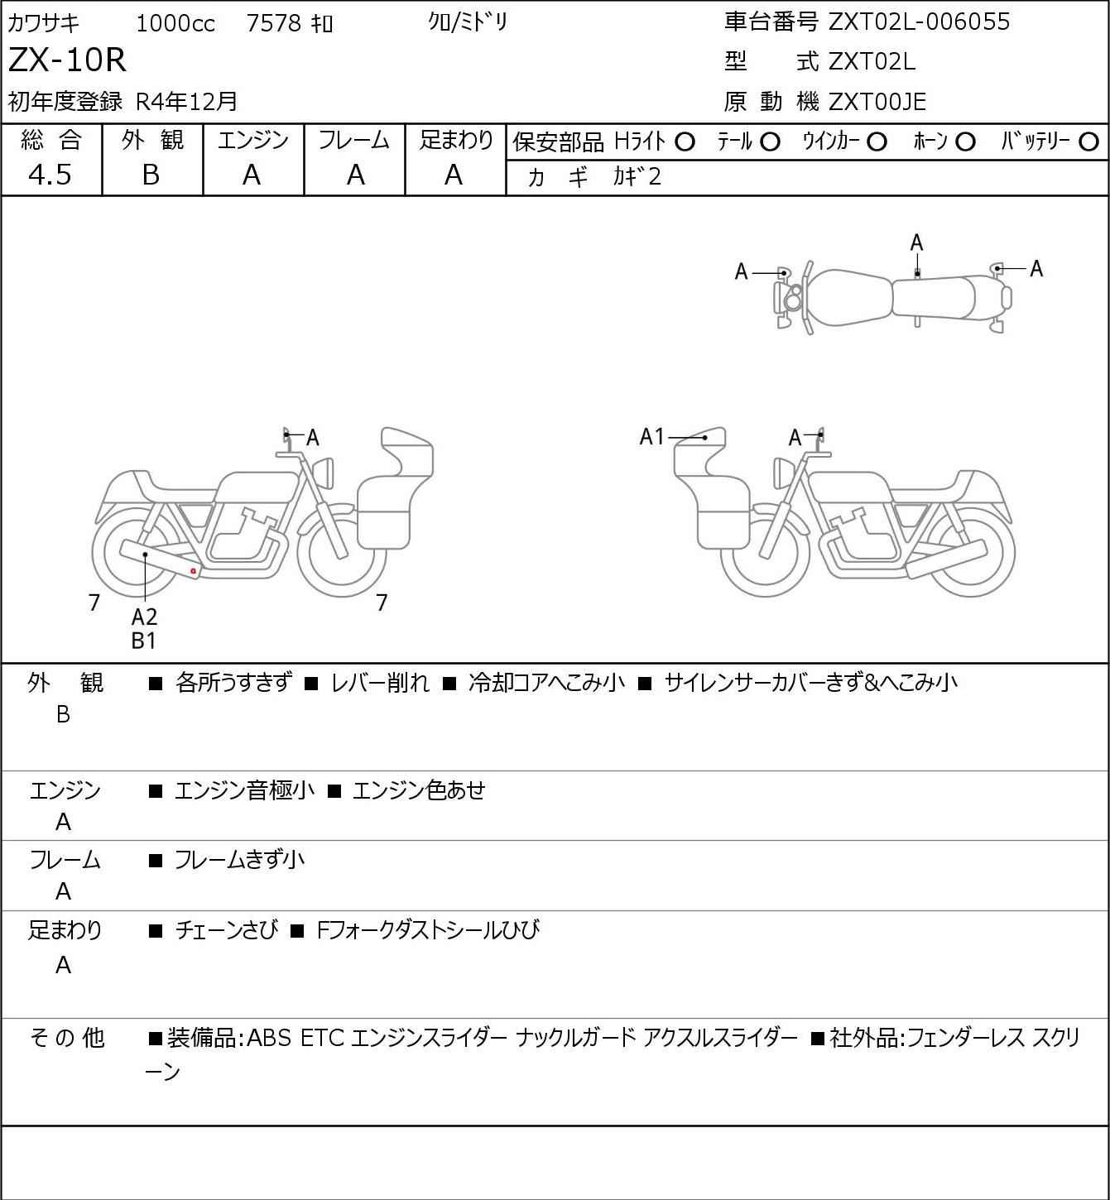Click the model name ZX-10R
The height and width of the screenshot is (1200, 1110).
[67, 60]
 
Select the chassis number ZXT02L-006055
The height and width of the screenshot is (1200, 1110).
[919, 22]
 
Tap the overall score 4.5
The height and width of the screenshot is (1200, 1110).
[50, 175]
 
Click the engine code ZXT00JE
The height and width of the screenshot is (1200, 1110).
[877, 102]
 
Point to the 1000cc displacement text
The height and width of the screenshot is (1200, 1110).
[175, 23]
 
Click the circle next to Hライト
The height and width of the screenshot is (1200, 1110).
[685, 142]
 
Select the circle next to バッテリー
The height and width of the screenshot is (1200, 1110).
[1088, 142]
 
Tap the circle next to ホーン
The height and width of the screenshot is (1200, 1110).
[965, 142]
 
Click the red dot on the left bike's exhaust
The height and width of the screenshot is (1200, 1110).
[193, 571]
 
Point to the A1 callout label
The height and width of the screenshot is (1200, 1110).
[651, 436]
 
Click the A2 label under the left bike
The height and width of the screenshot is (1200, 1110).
[145, 617]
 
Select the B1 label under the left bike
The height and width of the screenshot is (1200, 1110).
[144, 641]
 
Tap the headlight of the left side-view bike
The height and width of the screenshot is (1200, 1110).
[325, 473]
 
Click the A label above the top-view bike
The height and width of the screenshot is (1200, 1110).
[916, 243]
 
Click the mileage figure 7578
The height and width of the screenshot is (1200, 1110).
[274, 23]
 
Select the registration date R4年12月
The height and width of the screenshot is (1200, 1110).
[186, 102]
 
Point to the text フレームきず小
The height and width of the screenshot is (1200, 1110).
[239, 859]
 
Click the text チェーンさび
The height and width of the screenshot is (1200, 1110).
[227, 929]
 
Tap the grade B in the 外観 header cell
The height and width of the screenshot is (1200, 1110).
[151, 175]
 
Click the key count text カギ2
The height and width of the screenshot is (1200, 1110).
[637, 177]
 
